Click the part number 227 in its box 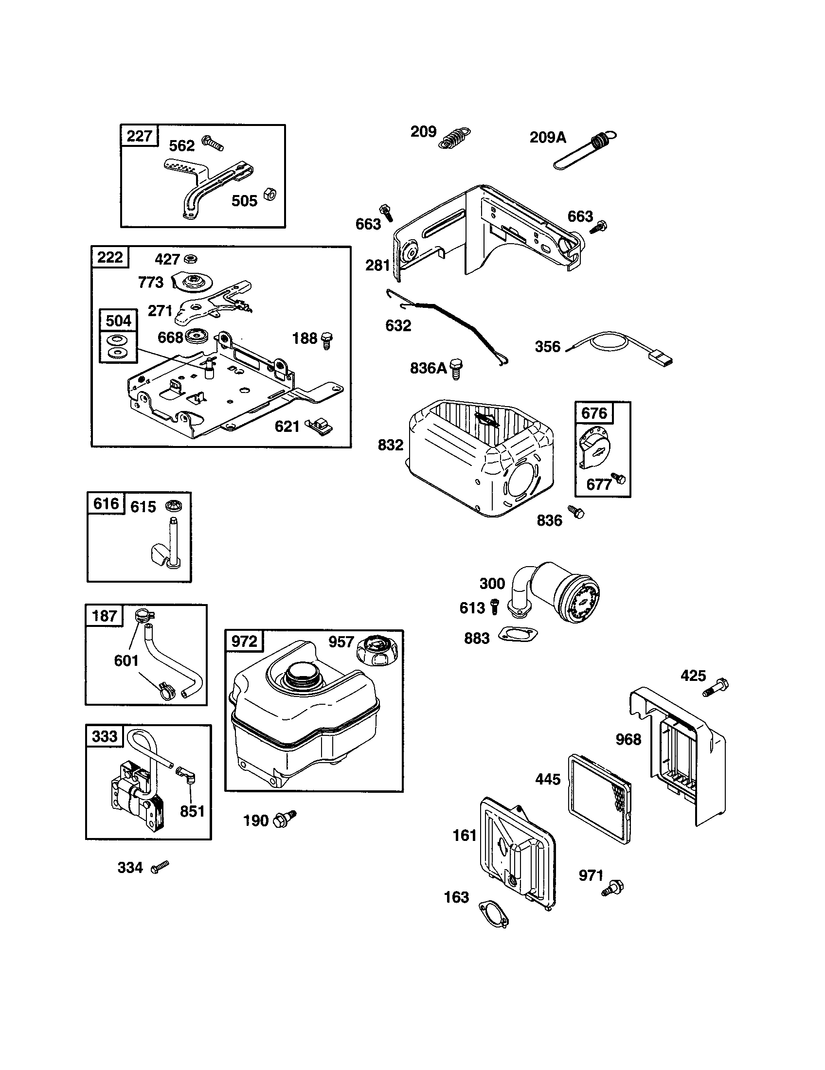coord(140,136)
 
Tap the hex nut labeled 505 coord(269,194)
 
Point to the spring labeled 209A coord(586,151)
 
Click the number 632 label coord(398,325)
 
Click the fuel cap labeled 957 coord(376,650)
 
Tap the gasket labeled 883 coord(519,636)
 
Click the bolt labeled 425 coord(716,687)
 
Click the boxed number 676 coord(594,413)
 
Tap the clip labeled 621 coord(319,425)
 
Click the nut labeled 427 coord(191,258)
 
